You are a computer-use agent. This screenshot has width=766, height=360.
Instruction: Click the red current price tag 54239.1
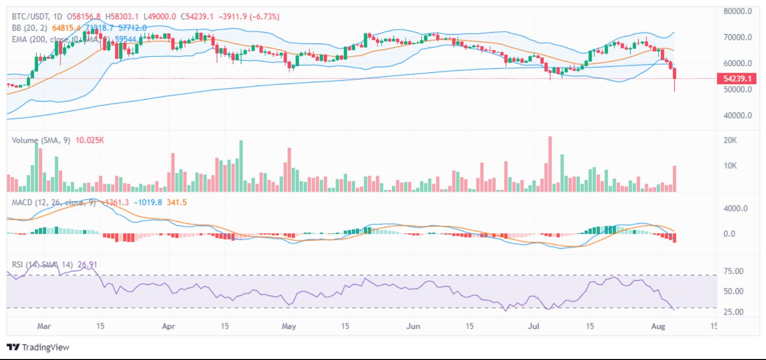(738, 79)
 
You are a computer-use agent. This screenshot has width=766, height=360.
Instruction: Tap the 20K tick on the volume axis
(731, 140)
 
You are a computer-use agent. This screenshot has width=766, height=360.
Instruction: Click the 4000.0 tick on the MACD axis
(736, 208)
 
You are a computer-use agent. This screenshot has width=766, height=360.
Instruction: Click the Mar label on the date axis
(45, 326)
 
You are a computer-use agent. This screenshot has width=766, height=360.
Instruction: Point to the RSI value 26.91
(88, 263)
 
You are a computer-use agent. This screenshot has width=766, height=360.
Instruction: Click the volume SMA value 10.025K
(90, 140)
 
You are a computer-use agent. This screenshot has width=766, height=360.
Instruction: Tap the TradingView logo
(38, 347)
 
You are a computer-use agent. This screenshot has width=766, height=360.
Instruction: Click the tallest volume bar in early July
(549, 164)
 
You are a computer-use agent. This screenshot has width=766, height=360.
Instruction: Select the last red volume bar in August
(674, 178)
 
